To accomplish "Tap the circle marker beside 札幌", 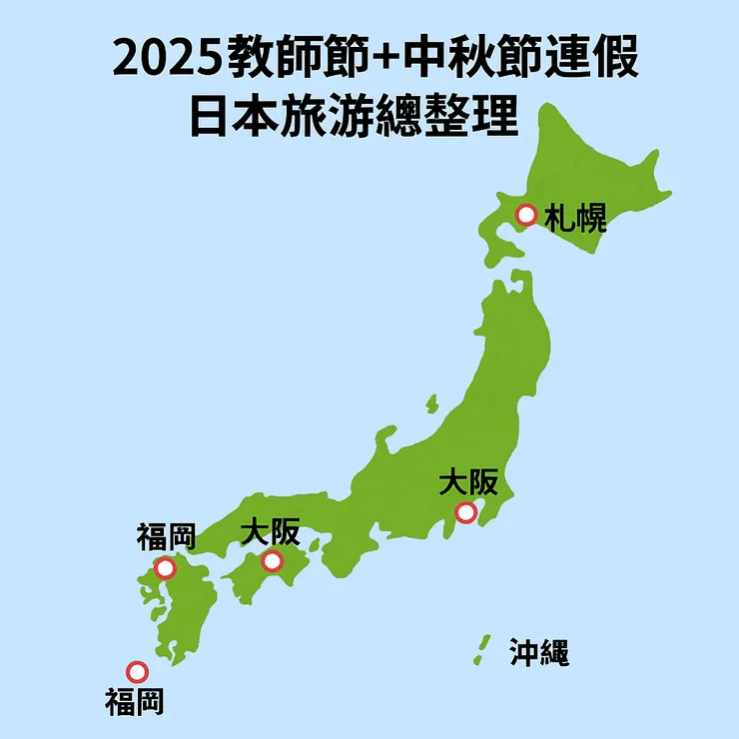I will coord(525,215).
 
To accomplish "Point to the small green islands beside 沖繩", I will coord(482,650).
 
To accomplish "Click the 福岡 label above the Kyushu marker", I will coord(165,537).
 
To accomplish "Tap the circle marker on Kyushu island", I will coord(165,568).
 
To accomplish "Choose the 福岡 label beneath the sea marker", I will coord(134,702).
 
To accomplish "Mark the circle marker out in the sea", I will coord(137,672).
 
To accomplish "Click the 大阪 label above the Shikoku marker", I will coord(270,532).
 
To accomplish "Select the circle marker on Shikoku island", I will coord(272,561).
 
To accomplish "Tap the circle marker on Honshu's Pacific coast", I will coord(465,513).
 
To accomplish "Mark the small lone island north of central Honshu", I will coord(431,403).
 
